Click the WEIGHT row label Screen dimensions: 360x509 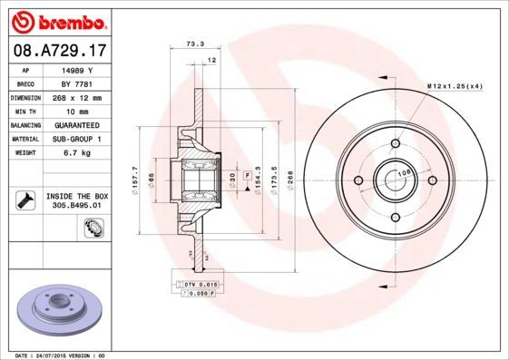tap(24, 154)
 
